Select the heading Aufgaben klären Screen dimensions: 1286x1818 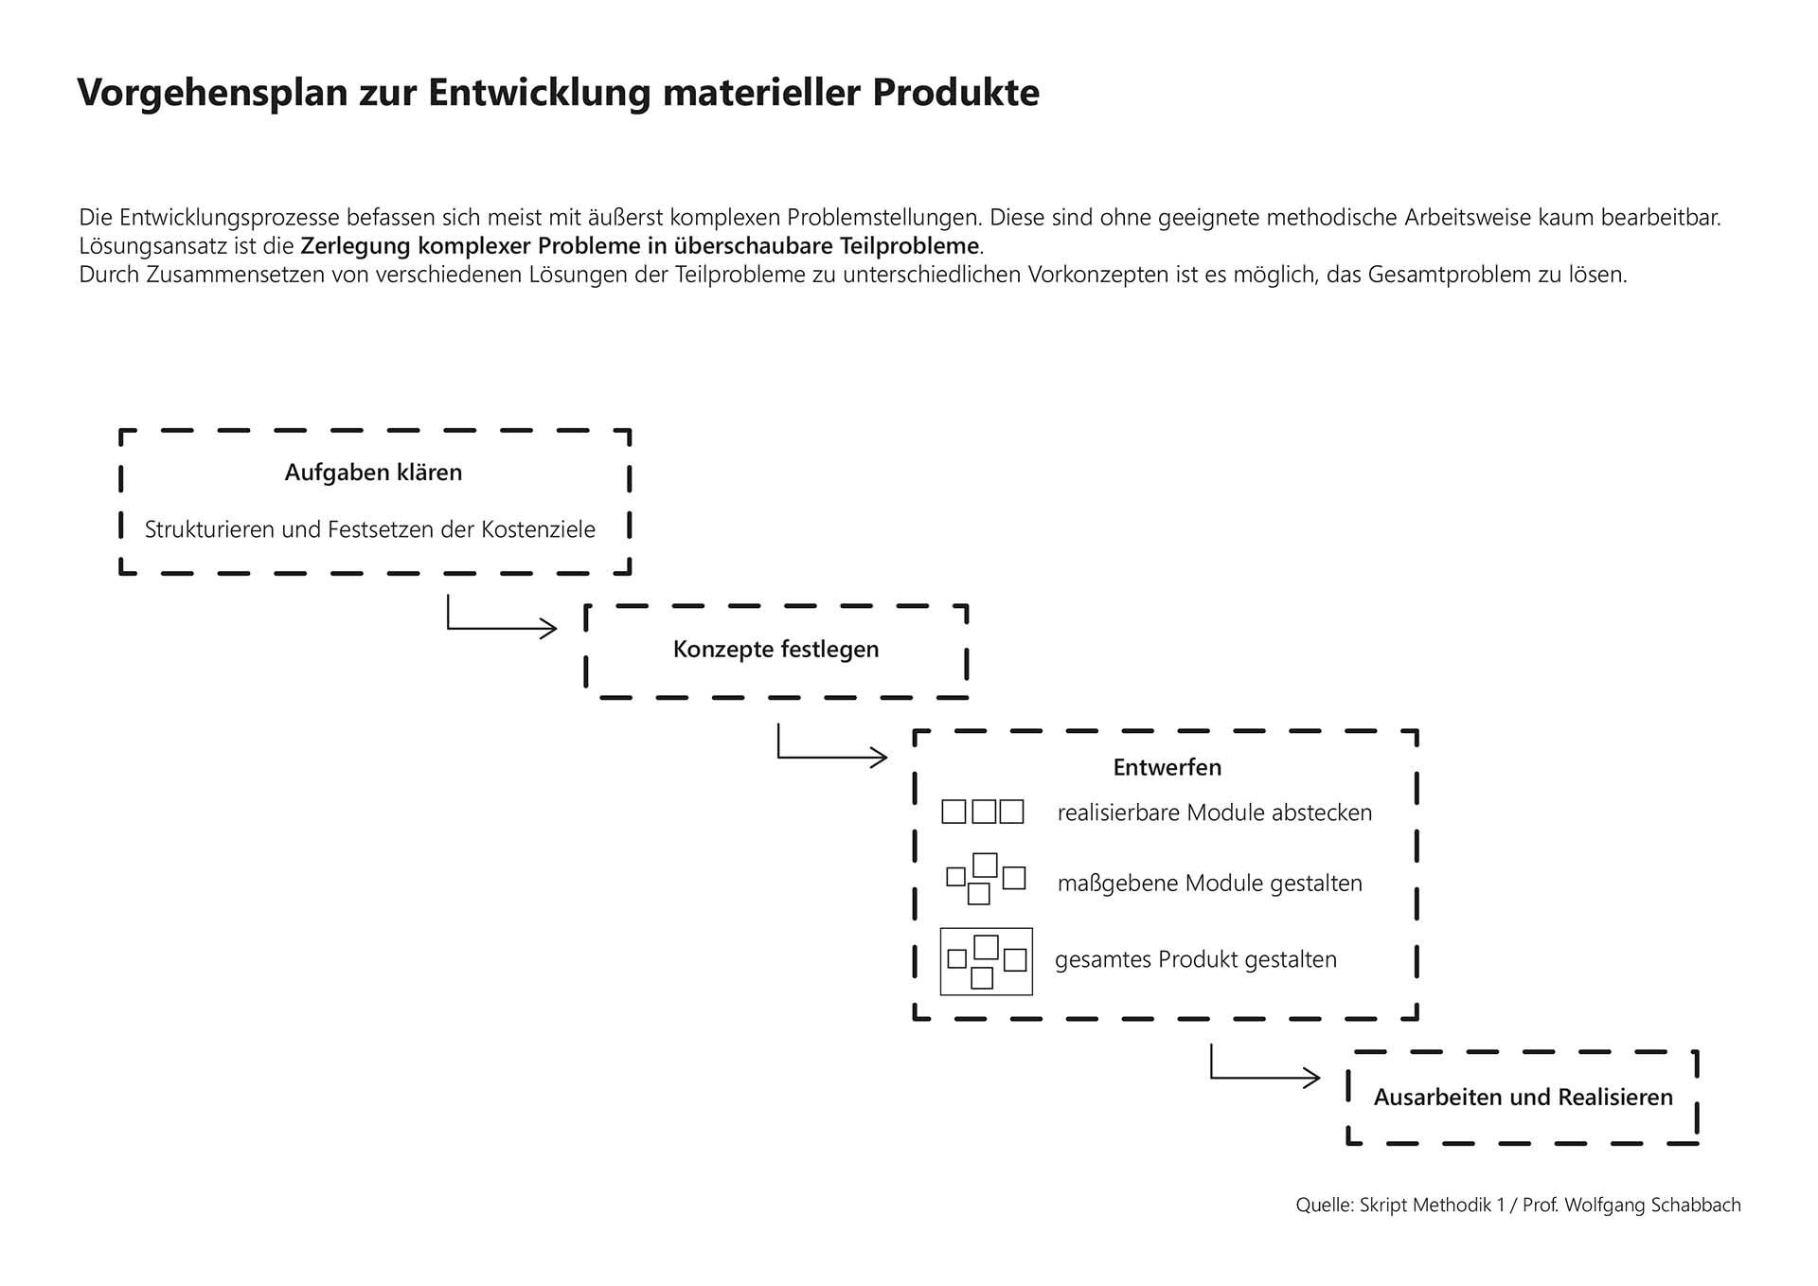[373, 473]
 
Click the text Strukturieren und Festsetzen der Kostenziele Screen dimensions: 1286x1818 [369, 529]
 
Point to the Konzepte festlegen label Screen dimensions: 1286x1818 [775, 650]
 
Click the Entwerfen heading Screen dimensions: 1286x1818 [1167, 768]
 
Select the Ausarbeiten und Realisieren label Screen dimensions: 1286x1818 [1523, 1098]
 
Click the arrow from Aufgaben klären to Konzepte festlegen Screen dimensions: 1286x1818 [502, 626]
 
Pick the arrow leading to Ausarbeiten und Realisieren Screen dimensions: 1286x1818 [1264, 1076]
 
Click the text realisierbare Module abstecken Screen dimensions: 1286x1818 [1214, 813]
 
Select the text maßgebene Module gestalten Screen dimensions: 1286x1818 [1209, 884]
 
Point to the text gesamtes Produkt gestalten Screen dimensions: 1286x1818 [1195, 960]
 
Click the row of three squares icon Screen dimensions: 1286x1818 [983, 812]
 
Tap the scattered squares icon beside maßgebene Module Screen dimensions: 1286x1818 [985, 879]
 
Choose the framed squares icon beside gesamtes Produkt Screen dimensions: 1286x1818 [986, 961]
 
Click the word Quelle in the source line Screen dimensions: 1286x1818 [1324, 1206]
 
